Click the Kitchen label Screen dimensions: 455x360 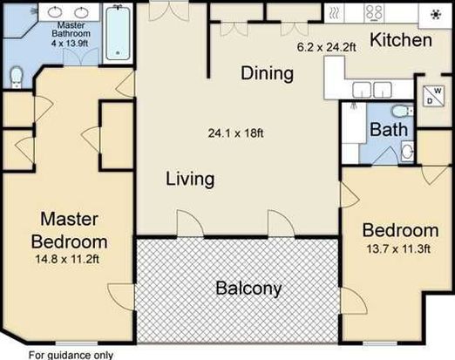point(401,40)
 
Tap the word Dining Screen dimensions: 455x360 point(267,73)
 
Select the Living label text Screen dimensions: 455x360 point(190,180)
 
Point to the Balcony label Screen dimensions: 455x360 point(249,289)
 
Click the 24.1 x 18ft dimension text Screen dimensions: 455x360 point(236,133)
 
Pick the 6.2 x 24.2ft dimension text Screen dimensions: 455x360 point(327,47)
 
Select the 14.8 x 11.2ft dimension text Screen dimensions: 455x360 point(67,259)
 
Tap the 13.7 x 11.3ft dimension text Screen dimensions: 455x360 point(398,249)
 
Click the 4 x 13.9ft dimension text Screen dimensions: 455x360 point(70,44)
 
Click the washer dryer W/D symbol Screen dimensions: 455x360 point(433,96)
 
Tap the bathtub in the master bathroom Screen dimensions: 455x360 point(118,32)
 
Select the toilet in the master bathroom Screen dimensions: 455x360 point(16,77)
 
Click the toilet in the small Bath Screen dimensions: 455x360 point(402,111)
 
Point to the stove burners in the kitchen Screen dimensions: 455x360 point(374,13)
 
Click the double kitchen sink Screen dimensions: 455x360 point(372,90)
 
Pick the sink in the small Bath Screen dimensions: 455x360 point(407,151)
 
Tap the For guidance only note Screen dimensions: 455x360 point(71,356)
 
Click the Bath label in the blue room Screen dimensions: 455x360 point(389,129)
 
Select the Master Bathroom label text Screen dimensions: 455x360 point(71,30)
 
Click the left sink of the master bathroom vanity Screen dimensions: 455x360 point(55,12)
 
